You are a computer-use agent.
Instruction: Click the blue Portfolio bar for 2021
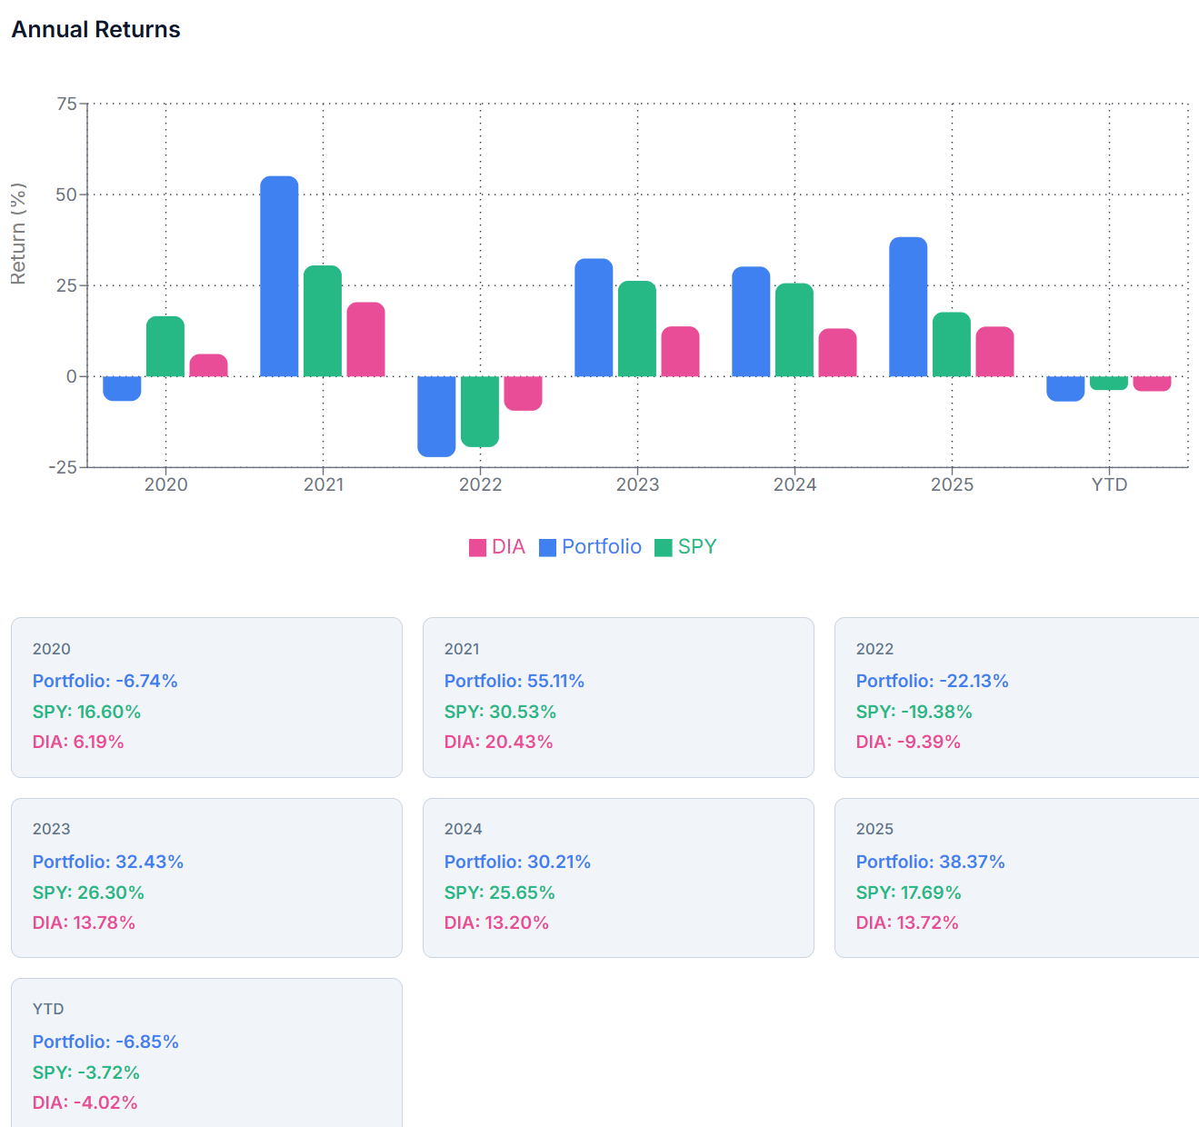tap(279, 276)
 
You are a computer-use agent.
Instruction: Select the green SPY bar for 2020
tap(165, 346)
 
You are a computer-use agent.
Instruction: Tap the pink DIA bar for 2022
tap(523, 393)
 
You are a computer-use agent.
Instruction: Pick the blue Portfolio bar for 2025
tap(908, 307)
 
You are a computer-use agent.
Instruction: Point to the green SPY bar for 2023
tap(637, 328)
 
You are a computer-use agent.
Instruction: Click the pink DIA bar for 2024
tap(837, 353)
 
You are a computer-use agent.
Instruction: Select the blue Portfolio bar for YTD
tap(1065, 388)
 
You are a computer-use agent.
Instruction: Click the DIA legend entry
tap(497, 547)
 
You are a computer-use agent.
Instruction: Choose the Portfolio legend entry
tap(590, 547)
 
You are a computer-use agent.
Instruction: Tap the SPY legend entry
tap(686, 547)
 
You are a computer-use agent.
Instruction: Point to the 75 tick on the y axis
tap(66, 104)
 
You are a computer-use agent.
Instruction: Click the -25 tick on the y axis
tap(63, 467)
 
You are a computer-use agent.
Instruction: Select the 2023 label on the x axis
tap(637, 484)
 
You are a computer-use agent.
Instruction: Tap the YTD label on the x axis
tap(1109, 484)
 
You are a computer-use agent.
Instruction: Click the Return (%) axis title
tap(18, 234)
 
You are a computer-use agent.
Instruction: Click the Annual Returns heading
tap(95, 29)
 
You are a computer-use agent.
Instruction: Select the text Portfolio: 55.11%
tap(515, 681)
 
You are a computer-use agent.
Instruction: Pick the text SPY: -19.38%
tap(914, 712)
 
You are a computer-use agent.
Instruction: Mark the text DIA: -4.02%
tap(85, 1102)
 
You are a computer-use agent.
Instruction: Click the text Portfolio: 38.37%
tap(930, 862)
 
